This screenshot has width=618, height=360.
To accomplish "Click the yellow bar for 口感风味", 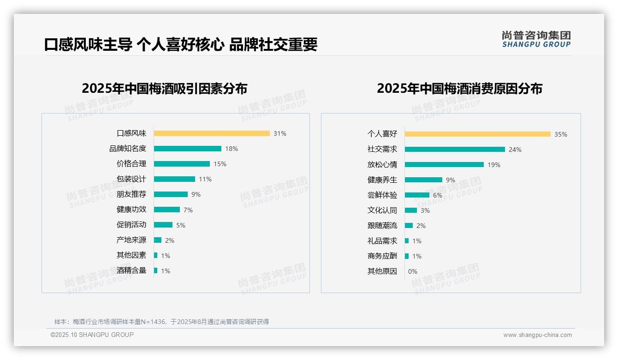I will point(212,133).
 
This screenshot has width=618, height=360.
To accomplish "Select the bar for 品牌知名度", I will point(188,149).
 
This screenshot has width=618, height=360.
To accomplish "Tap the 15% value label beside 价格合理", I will point(220,164).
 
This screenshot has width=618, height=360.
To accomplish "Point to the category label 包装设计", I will point(131,179).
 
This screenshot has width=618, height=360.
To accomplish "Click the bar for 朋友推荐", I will point(171,194).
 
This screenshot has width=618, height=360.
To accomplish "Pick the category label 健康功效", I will point(131,210).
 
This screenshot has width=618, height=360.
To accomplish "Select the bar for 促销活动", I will point(163,225).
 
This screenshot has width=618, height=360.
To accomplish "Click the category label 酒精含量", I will point(131,270).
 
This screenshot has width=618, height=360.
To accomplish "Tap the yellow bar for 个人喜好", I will point(477,134).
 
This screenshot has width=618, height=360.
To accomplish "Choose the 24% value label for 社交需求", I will point(515,150).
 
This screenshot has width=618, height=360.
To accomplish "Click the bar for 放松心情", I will point(444,165).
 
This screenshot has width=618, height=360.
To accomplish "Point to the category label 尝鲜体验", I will point(382,195).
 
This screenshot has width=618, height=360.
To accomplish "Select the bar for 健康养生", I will point(423,180).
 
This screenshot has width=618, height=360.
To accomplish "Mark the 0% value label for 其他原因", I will point(412,271).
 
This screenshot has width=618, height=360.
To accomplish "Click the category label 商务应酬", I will point(382,256).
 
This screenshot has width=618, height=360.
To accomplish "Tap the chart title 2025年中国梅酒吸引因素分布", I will point(164,89).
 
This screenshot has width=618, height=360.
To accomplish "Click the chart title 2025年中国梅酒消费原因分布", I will point(459,89).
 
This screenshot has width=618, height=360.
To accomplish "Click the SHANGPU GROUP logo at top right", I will point(536,39).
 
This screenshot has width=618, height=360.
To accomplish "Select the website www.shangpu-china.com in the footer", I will point(537,335).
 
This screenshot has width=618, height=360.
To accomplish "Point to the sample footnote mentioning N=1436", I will point(161,322).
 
